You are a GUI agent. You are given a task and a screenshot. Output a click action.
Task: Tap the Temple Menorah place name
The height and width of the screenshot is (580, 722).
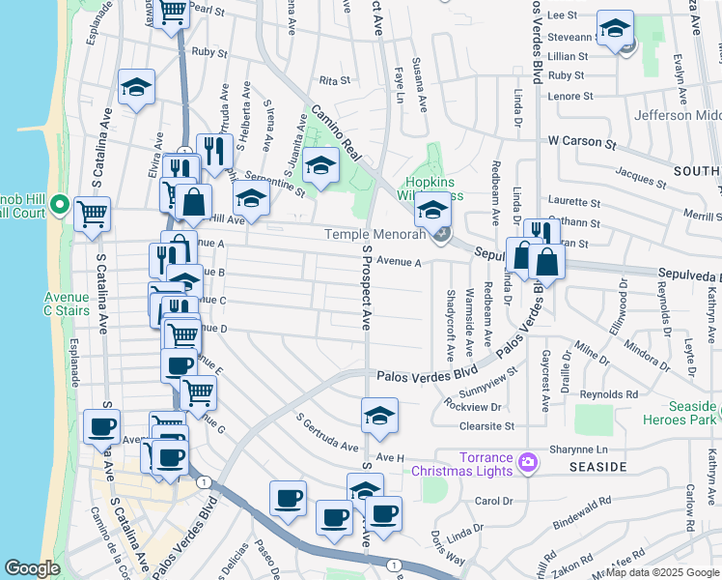(375, 234)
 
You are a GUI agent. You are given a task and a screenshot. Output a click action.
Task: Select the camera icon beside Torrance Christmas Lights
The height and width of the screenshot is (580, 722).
(528, 463)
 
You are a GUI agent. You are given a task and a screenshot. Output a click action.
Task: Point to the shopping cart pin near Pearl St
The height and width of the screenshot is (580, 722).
(173, 14)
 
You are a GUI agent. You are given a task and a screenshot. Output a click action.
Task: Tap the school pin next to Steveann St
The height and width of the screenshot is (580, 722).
(614, 28)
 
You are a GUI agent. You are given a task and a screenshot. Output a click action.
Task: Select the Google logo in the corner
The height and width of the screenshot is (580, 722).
(32, 568)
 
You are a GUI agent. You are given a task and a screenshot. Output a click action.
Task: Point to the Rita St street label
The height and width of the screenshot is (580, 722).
(333, 81)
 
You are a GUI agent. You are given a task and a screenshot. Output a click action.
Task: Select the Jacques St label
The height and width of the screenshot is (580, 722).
(634, 175)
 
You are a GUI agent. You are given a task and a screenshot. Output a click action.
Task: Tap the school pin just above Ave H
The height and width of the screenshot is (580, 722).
(380, 416)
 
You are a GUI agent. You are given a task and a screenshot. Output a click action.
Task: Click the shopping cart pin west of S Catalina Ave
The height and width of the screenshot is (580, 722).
(93, 215)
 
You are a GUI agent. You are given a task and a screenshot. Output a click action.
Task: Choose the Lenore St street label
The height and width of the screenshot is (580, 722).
(570, 97)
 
